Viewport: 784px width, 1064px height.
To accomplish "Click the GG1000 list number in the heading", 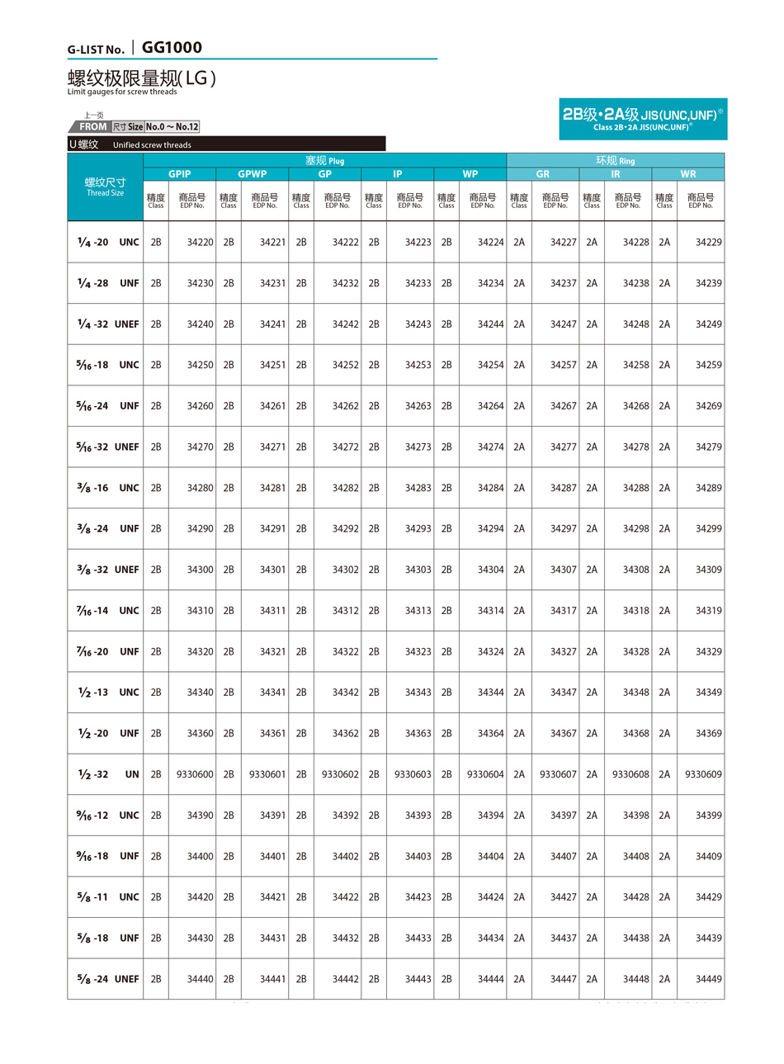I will [172, 48].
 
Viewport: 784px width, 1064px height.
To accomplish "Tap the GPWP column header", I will [252, 174].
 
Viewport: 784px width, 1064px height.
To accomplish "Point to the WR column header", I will [687, 174].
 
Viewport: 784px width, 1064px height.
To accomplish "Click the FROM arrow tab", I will [91, 127].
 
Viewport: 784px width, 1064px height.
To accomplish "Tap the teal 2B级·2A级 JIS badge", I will [643, 119].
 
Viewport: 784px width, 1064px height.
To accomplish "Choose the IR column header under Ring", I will [615, 174].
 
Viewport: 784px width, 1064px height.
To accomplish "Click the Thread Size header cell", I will [105, 187].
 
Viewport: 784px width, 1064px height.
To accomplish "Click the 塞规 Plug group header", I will [324, 160].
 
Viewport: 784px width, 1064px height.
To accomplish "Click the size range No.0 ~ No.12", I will [172, 127].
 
